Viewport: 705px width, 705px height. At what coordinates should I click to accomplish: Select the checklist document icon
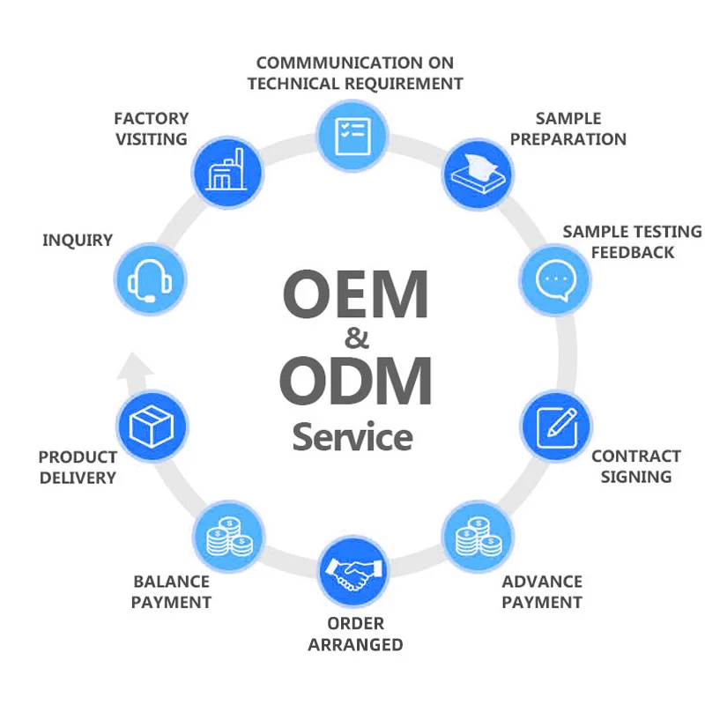pyautogui.click(x=352, y=135)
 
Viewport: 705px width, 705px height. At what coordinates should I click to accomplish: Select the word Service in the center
pyautogui.click(x=352, y=436)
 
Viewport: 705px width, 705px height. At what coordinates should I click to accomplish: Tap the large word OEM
pyautogui.click(x=355, y=294)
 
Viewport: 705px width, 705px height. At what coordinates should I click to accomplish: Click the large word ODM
pyautogui.click(x=355, y=382)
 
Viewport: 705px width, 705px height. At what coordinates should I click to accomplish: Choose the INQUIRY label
pyautogui.click(x=78, y=240)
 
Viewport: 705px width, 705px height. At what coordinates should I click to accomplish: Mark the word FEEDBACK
pyautogui.click(x=633, y=252)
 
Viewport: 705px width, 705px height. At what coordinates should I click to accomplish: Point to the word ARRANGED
pyautogui.click(x=355, y=644)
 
